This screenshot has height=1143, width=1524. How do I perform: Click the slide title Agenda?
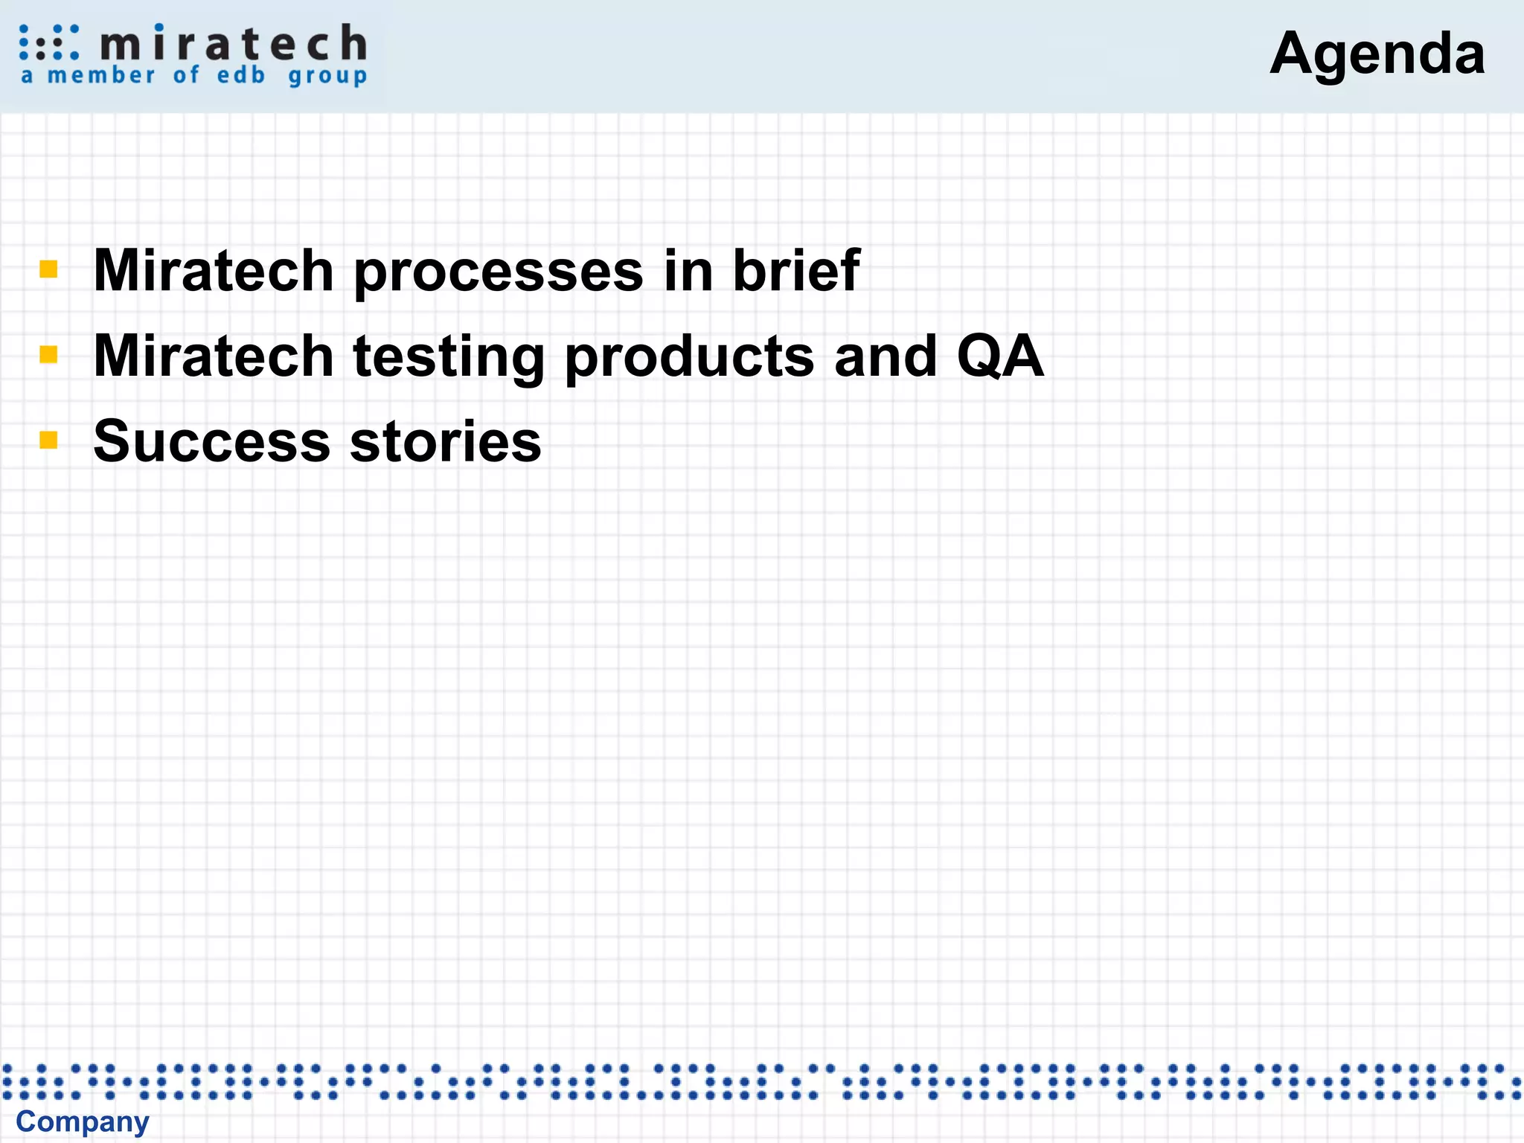1377,54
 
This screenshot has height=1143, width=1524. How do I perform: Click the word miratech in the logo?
233,43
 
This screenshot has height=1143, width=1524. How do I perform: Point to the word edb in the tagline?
241,75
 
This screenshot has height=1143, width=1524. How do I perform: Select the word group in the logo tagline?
327,77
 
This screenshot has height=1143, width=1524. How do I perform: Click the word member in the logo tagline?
101,75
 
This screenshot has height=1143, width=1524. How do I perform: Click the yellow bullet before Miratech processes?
49,269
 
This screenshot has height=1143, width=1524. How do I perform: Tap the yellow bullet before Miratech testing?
49,354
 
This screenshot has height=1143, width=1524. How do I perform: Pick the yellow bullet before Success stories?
49,440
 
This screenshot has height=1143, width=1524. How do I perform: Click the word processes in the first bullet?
498,272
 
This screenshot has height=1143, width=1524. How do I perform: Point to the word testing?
449,357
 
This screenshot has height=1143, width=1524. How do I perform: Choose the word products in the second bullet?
689,357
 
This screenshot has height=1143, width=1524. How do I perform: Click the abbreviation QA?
1000,356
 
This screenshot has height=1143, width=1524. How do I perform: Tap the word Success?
212,441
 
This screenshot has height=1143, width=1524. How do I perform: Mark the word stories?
445,441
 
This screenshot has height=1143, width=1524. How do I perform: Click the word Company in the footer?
83,1122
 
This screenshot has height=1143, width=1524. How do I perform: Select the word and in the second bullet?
886,356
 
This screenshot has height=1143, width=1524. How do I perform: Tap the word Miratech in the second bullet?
214,356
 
